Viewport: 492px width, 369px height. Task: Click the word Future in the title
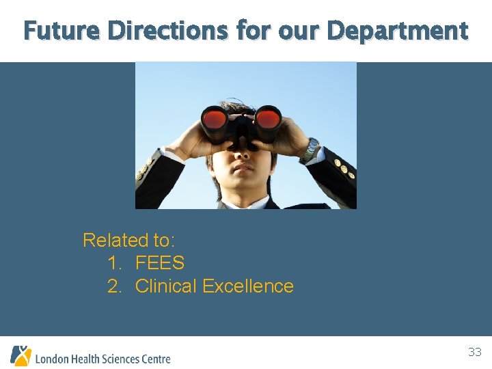tap(61, 31)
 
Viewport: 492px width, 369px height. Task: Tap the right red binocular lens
tap(268, 118)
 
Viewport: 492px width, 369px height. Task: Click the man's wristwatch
tap(311, 149)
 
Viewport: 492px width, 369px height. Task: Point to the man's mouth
tap(243, 167)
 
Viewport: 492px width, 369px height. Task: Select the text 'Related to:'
tap(129, 241)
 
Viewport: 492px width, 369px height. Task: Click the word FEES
tap(160, 263)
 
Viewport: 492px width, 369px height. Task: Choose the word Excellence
tap(248, 286)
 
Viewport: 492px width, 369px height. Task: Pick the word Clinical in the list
tap(166, 286)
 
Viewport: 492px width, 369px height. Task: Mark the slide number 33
tap(474, 353)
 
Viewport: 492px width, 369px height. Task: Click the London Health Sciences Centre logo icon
tap(20, 355)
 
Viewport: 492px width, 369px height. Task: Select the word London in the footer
tap(52, 359)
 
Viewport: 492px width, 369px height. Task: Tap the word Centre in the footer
tap(154, 359)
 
